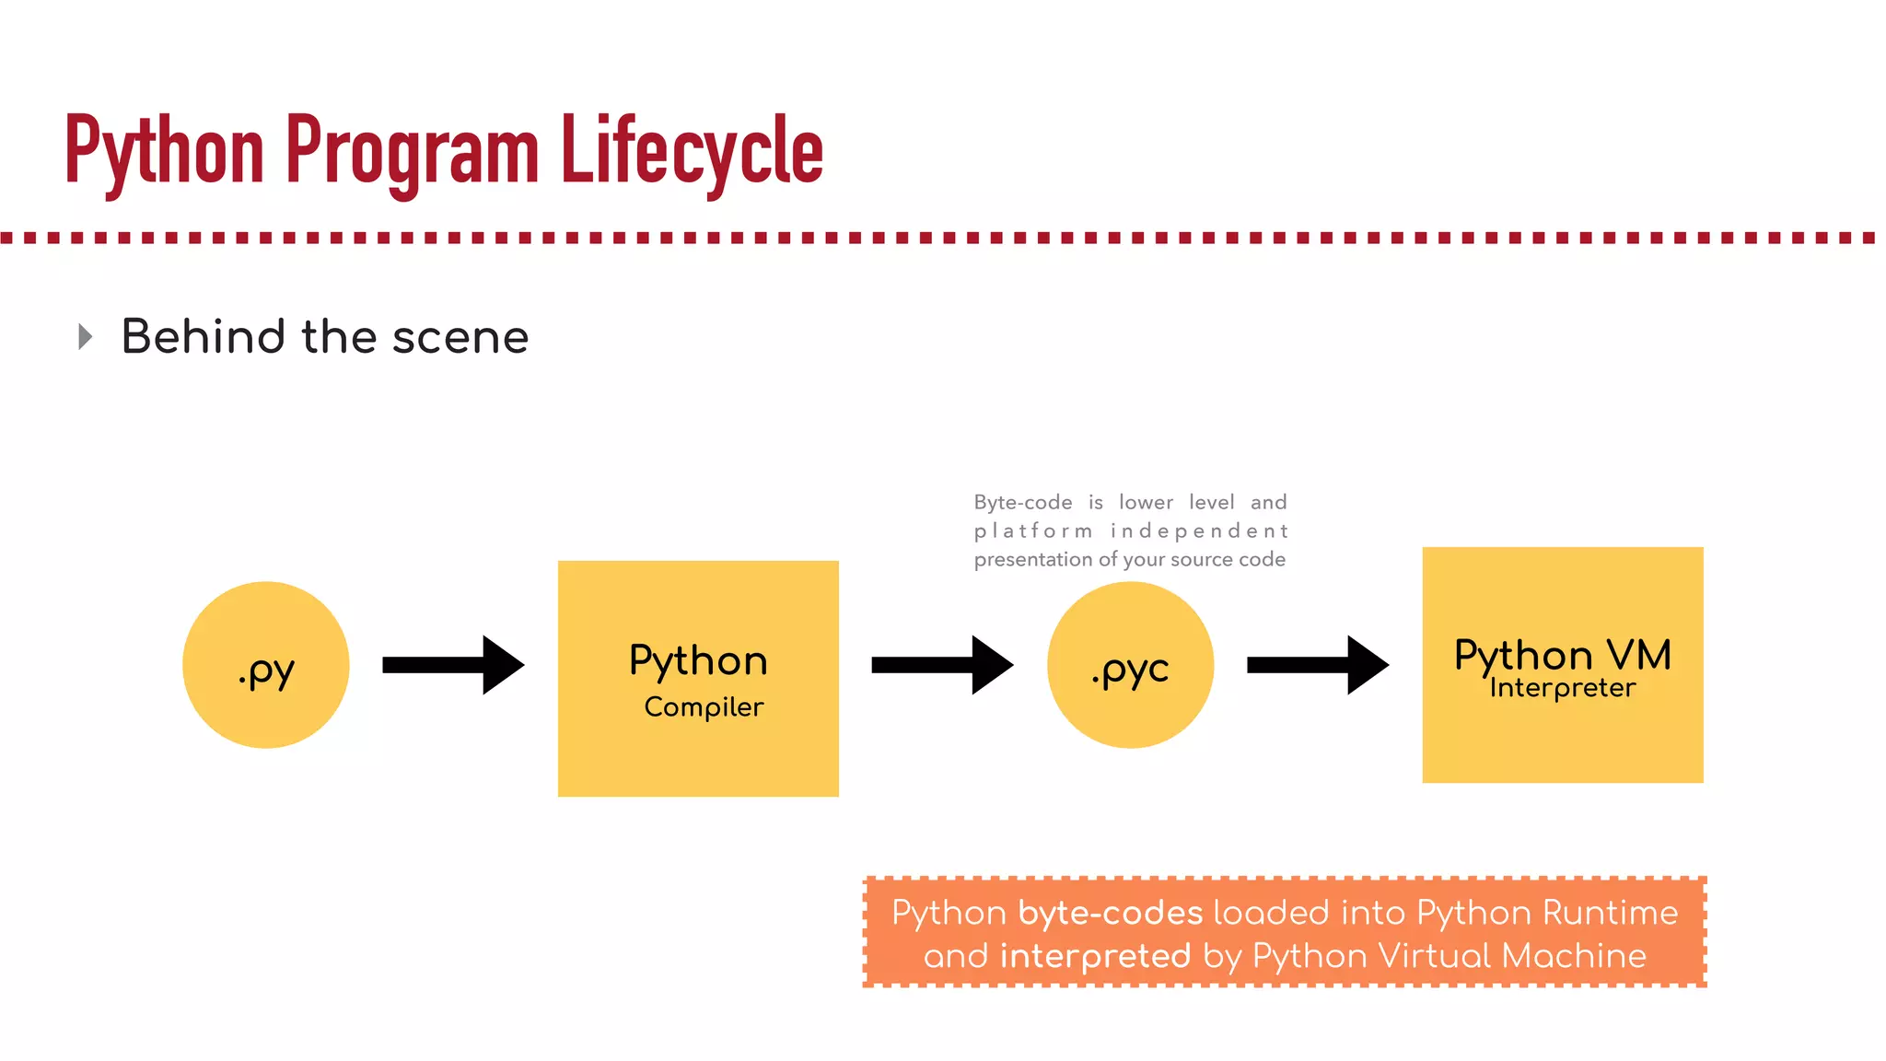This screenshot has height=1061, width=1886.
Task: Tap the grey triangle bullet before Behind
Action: (86, 336)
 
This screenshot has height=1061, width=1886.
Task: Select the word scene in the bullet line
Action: (460, 337)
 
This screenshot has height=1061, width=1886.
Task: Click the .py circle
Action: (266, 665)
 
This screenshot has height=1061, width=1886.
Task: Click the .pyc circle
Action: (1130, 665)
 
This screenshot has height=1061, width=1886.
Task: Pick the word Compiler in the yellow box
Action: (704, 706)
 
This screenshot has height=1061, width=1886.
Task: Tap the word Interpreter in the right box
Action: (1563, 688)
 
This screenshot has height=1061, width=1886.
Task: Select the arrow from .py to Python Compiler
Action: (453, 665)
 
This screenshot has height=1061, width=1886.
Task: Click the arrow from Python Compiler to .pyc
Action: (942, 665)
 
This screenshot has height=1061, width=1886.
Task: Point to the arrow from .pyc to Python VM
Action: (1318, 665)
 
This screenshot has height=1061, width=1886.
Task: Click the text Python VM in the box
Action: (1563, 655)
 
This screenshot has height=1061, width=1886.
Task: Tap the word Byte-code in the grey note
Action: (1023, 503)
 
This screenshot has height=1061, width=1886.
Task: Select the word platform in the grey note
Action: (1033, 531)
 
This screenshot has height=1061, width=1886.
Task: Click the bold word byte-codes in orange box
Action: (1111, 913)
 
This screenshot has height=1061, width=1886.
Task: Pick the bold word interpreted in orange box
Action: (1095, 956)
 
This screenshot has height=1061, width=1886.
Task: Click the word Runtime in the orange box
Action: (1610, 913)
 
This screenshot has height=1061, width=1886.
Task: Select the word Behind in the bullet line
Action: (204, 337)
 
